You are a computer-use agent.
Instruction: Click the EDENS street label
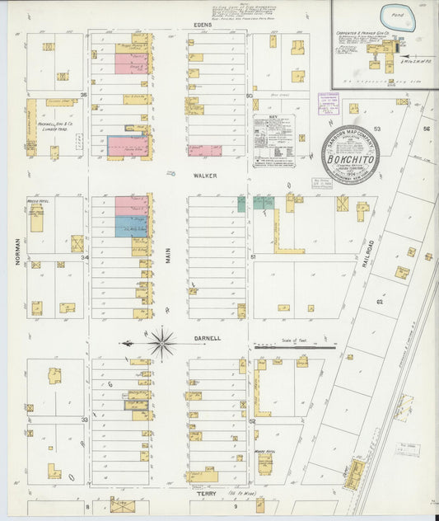click(x=203, y=26)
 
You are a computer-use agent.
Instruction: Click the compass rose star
click(x=162, y=342)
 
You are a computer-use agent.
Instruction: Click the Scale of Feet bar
click(x=294, y=347)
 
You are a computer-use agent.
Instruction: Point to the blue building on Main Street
click(x=130, y=226)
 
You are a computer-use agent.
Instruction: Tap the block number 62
click(x=380, y=302)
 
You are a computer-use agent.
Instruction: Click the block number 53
click(x=377, y=129)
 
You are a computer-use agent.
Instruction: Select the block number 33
click(x=84, y=420)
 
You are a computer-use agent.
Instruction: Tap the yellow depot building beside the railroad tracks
click(x=356, y=472)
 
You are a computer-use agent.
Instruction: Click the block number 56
click(x=427, y=129)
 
